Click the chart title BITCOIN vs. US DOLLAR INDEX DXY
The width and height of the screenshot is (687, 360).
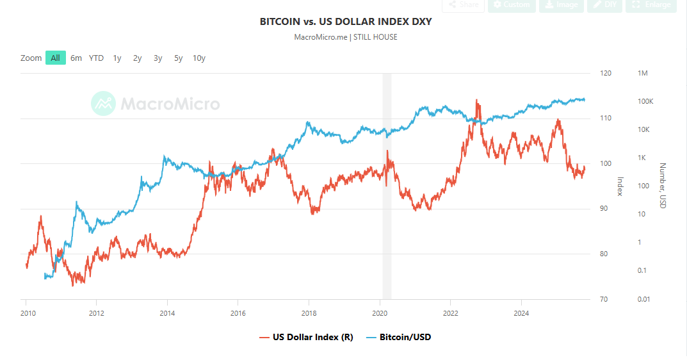coord(345,22)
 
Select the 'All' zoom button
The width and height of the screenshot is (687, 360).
coord(56,58)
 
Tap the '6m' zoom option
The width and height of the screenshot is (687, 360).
coord(76,58)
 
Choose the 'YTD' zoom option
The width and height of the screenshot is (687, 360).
coord(96,58)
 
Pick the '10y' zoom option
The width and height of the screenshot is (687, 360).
coord(199,58)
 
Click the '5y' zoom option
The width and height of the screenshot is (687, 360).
coord(179,58)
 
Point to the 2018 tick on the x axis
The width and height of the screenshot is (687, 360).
coord(309,313)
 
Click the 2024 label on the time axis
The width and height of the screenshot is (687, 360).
coord(521,313)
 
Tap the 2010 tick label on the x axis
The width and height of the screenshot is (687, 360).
coord(27,313)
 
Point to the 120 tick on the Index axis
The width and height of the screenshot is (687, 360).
coord(605,74)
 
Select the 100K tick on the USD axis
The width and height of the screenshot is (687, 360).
coord(645,102)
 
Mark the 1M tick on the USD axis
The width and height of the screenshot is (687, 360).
coord(643,74)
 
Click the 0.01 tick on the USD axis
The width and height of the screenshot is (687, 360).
coord(644,299)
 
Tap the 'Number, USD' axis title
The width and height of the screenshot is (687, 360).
coord(663,185)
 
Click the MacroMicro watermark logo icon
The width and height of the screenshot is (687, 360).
coord(103,104)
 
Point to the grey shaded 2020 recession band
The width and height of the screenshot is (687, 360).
coord(387,186)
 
